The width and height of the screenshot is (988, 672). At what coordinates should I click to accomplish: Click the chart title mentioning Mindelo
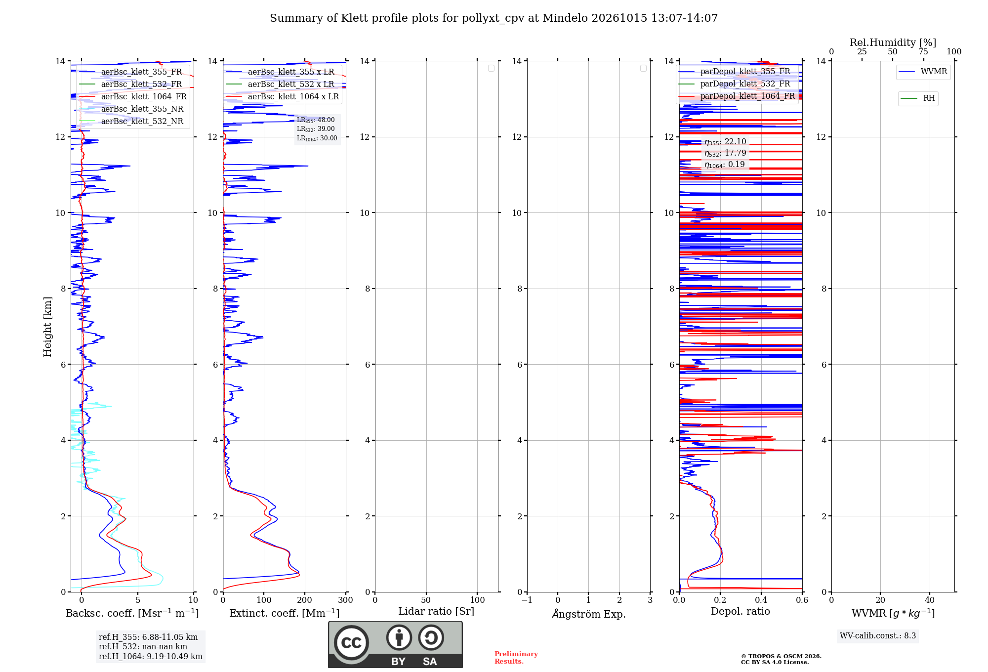pos(494,18)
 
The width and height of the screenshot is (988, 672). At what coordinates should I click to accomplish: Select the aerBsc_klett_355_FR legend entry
pos(131,72)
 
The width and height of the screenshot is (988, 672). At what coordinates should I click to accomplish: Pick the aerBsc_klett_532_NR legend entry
pos(131,121)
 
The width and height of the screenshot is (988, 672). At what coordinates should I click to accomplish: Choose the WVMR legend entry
pos(923,72)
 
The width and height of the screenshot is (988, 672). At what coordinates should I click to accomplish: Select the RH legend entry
pos(918,98)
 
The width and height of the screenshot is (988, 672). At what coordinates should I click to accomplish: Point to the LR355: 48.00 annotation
pos(316,120)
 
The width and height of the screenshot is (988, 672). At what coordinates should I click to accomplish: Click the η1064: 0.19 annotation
pos(725,165)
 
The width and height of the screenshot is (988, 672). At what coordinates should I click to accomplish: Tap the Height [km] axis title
pos(47,327)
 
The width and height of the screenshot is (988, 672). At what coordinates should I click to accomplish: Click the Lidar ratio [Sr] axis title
pos(436,611)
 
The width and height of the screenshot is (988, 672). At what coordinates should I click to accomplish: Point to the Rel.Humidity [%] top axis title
pos(893,42)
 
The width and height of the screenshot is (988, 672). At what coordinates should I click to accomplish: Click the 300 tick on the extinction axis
pos(346,600)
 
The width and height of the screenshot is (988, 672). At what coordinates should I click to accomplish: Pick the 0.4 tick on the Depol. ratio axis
pos(761,600)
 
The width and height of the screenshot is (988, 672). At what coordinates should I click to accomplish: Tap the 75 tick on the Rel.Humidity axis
pos(923,52)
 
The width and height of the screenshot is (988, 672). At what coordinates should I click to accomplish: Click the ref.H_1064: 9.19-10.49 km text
pos(151,656)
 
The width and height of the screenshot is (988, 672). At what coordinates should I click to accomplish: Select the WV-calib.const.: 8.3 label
pos(878,635)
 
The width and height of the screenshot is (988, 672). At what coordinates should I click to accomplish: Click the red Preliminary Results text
pos(516,658)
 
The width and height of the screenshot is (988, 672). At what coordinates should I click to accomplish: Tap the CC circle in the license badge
pos(351,643)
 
